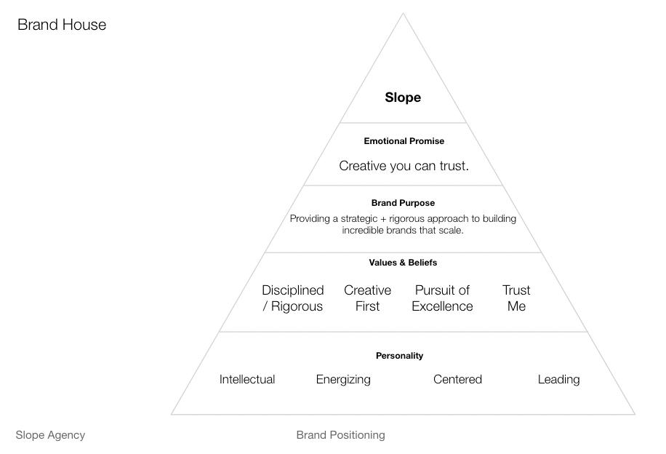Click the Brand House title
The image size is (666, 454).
click(62, 25)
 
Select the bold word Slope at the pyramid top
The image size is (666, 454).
click(403, 97)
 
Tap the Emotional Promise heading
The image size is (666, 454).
click(404, 141)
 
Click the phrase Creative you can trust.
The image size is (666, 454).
click(404, 166)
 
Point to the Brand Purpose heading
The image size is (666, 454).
click(403, 203)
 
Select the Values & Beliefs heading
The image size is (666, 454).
click(403, 263)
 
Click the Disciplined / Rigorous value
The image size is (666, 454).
click(293, 298)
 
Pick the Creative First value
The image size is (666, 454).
click(367, 298)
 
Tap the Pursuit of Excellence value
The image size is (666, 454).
click(442, 298)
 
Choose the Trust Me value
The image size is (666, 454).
click(516, 298)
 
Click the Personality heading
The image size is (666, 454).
click(399, 356)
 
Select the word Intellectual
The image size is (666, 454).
click(247, 379)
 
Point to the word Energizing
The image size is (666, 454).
click(343, 379)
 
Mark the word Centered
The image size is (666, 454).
click(457, 379)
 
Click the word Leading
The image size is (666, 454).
click(558, 379)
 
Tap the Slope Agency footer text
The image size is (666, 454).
click(50, 435)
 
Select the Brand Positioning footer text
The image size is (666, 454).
click(340, 435)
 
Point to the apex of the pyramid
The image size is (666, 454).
click(403, 15)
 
